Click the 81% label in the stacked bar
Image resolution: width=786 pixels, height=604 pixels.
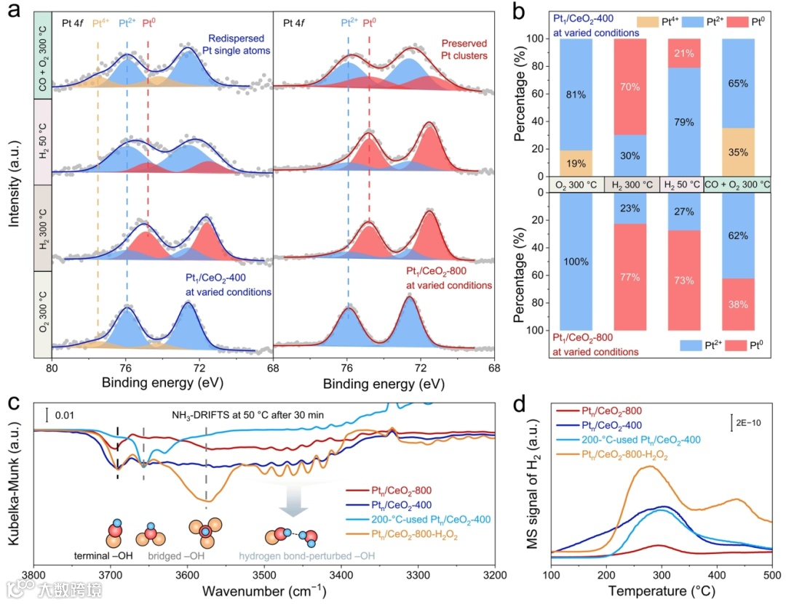click(574, 94)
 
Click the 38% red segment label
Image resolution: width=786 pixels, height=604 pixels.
click(739, 305)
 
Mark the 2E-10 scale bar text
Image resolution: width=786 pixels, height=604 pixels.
click(749, 422)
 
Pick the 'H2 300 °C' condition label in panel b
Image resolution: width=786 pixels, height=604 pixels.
click(632, 184)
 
